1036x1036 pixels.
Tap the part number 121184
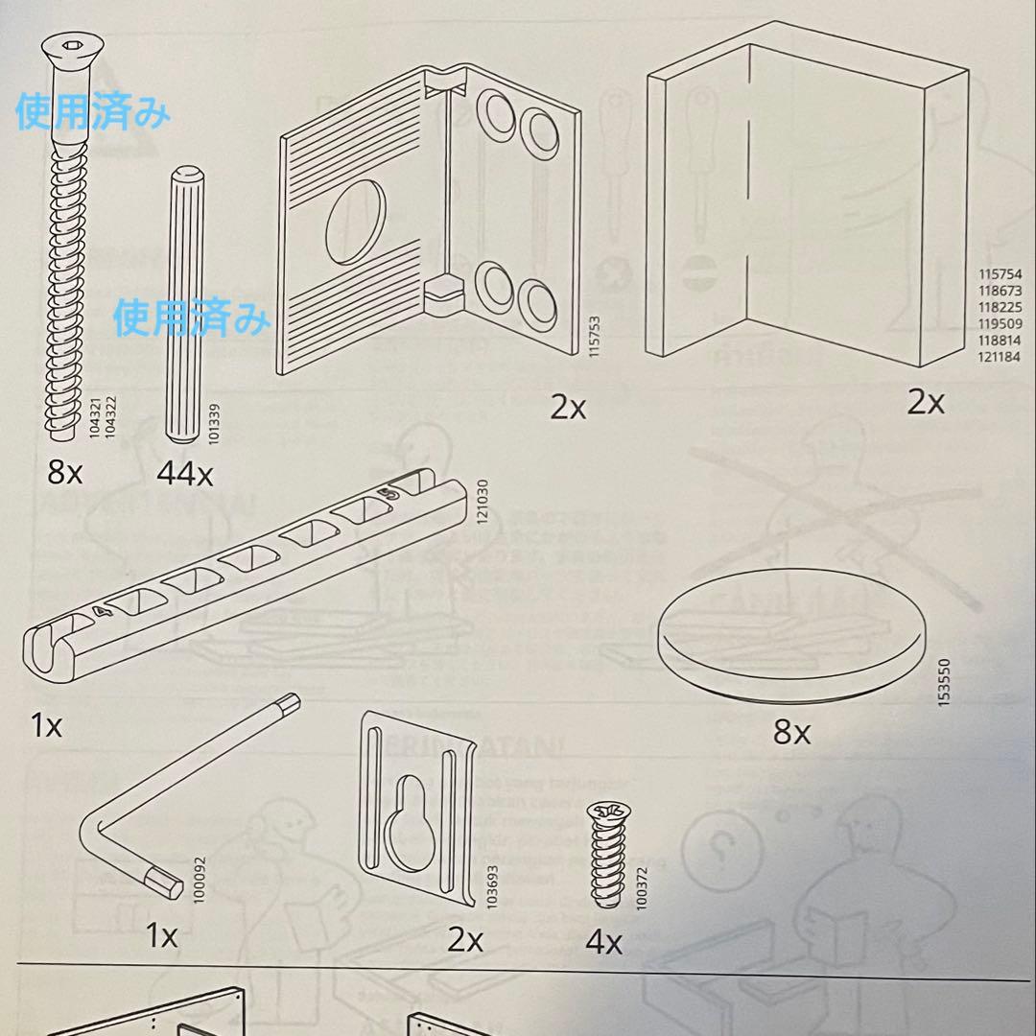coord(999,358)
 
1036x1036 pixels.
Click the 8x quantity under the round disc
coord(792,734)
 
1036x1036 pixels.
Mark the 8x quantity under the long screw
coord(65,473)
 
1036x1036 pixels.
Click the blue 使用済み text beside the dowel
coord(192,318)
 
